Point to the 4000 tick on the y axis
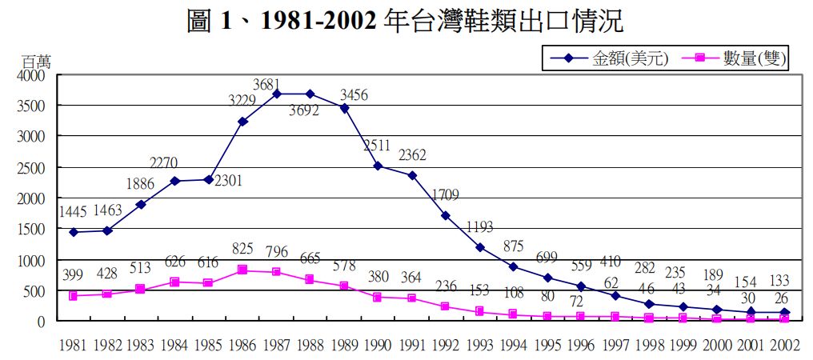coord(34,75)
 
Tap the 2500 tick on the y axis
coord(34,168)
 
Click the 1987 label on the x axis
coord(277,346)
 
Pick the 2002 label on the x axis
coord(784,346)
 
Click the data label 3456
coord(352,94)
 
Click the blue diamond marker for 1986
coord(242,122)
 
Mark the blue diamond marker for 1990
coord(378,166)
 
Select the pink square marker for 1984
coord(175,282)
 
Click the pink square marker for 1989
coord(344,286)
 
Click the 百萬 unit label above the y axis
coord(36,62)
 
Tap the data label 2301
coord(227,181)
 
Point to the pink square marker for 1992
coord(445,306)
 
